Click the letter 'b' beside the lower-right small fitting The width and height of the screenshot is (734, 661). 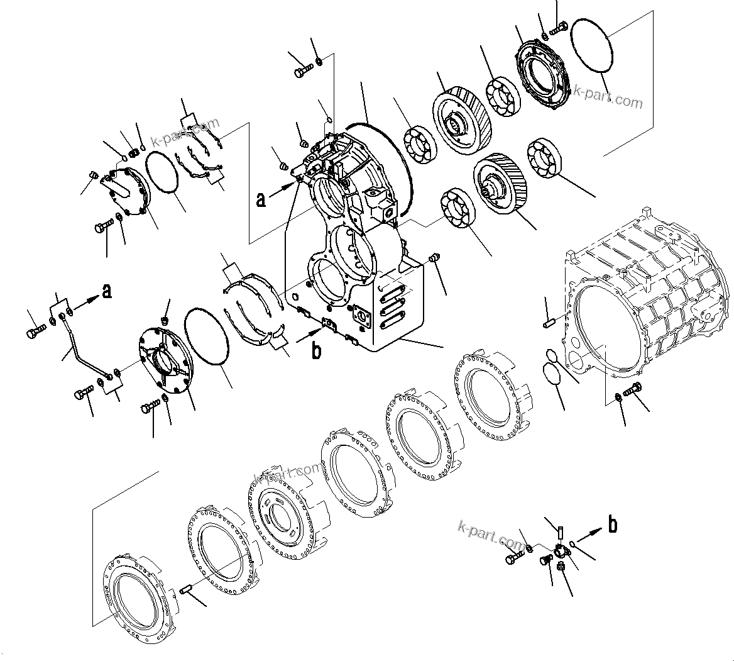click(x=613, y=525)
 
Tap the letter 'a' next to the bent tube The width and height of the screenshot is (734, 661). click(x=107, y=291)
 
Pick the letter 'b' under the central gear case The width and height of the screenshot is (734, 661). click(x=316, y=350)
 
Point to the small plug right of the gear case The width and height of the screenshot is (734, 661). click(x=432, y=259)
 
